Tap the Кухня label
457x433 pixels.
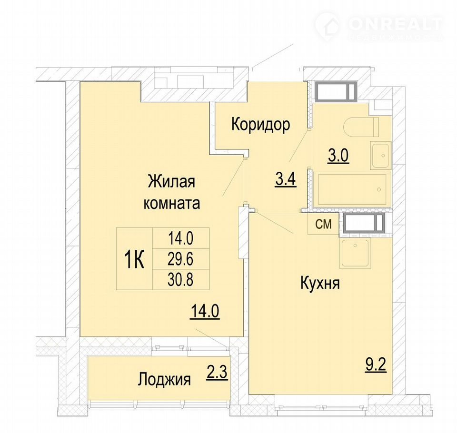click(320, 284)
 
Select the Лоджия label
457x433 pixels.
click(164, 380)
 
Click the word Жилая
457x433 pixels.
click(172, 182)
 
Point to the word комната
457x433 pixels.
click(172, 203)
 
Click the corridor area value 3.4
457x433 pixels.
click(286, 179)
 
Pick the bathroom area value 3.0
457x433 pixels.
click(338, 156)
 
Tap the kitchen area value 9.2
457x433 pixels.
click(376, 365)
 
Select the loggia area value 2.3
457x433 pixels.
click(217, 373)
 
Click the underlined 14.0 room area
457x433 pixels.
click(205, 312)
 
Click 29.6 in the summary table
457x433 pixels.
click(180, 259)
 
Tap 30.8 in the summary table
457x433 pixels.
click(180, 280)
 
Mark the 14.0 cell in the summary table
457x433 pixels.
click(180, 239)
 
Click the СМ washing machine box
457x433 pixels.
click(324, 224)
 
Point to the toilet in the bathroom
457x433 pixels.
click(361, 127)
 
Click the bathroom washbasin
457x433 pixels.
click(381, 155)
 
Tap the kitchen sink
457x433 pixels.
click(355, 254)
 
